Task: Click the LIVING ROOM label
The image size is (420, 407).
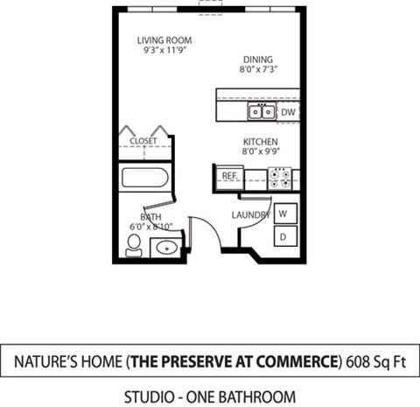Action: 164,40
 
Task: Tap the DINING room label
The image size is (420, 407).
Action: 259,60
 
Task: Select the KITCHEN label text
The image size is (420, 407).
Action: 260,142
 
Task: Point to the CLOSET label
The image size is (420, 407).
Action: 143,140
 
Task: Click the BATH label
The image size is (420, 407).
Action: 150,217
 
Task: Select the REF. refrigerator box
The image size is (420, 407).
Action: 230,176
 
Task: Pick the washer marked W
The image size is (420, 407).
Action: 283,213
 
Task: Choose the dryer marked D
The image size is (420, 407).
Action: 283,235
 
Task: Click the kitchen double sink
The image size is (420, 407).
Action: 260,111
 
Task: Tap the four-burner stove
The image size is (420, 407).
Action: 281,179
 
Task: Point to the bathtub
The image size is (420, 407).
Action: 146,179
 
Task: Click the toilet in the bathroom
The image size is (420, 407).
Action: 134,244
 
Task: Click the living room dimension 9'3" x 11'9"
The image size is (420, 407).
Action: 164,51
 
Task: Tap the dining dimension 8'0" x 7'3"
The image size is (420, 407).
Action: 259,70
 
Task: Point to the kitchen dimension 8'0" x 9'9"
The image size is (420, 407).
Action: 260,152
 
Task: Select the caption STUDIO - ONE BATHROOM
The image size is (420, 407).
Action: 209,396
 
